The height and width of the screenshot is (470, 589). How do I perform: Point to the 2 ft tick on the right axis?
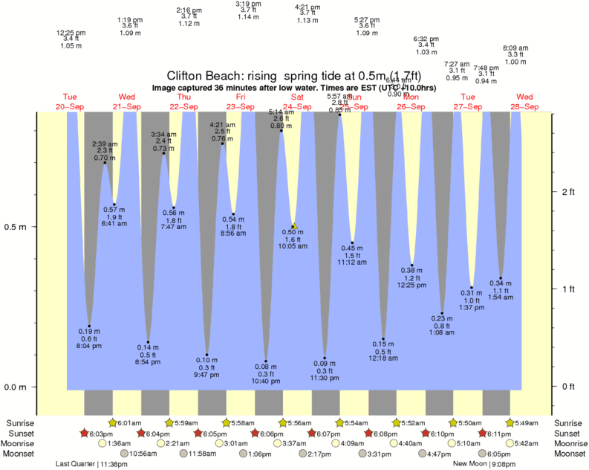click(x=568, y=192)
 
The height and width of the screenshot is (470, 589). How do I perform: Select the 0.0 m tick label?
click(x=16, y=387)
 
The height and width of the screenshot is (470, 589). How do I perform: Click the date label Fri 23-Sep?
click(x=241, y=102)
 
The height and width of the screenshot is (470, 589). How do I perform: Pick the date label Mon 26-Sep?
click(x=411, y=102)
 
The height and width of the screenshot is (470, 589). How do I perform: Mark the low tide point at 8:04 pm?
click(x=89, y=326)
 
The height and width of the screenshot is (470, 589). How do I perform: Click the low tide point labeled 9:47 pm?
click(x=206, y=355)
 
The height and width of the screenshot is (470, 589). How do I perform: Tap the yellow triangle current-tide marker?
click(x=295, y=225)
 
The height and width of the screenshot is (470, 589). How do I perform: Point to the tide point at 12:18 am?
click(x=384, y=338)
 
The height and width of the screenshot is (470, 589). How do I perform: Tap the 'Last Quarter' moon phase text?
click(x=75, y=464)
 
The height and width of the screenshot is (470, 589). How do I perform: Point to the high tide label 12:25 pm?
click(x=71, y=33)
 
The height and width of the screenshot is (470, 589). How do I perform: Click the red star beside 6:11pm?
click(x=484, y=434)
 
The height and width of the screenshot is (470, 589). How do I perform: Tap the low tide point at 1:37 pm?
click(x=471, y=287)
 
